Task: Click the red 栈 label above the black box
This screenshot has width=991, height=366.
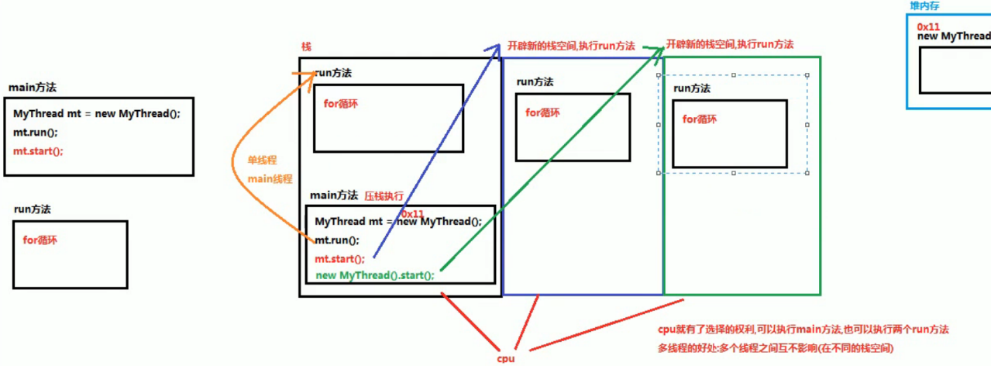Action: point(306,47)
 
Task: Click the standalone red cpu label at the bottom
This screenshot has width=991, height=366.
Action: point(505,359)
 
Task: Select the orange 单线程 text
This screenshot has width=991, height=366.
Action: point(262,160)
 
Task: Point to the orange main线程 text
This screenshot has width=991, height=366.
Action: point(270,179)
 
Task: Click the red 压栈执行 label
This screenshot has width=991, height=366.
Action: point(384,196)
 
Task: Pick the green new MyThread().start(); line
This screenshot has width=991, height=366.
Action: point(375,275)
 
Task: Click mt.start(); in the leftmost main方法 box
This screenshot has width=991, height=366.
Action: point(38,151)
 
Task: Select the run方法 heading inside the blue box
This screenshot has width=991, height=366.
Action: point(535,81)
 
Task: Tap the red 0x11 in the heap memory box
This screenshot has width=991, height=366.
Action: point(928,26)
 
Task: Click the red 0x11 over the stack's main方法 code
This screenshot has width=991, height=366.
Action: point(413,214)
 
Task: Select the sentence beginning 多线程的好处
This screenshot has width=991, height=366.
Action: point(775,349)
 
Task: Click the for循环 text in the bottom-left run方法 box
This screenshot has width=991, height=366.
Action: point(40,240)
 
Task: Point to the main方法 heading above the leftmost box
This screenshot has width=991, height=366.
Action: point(32,88)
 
